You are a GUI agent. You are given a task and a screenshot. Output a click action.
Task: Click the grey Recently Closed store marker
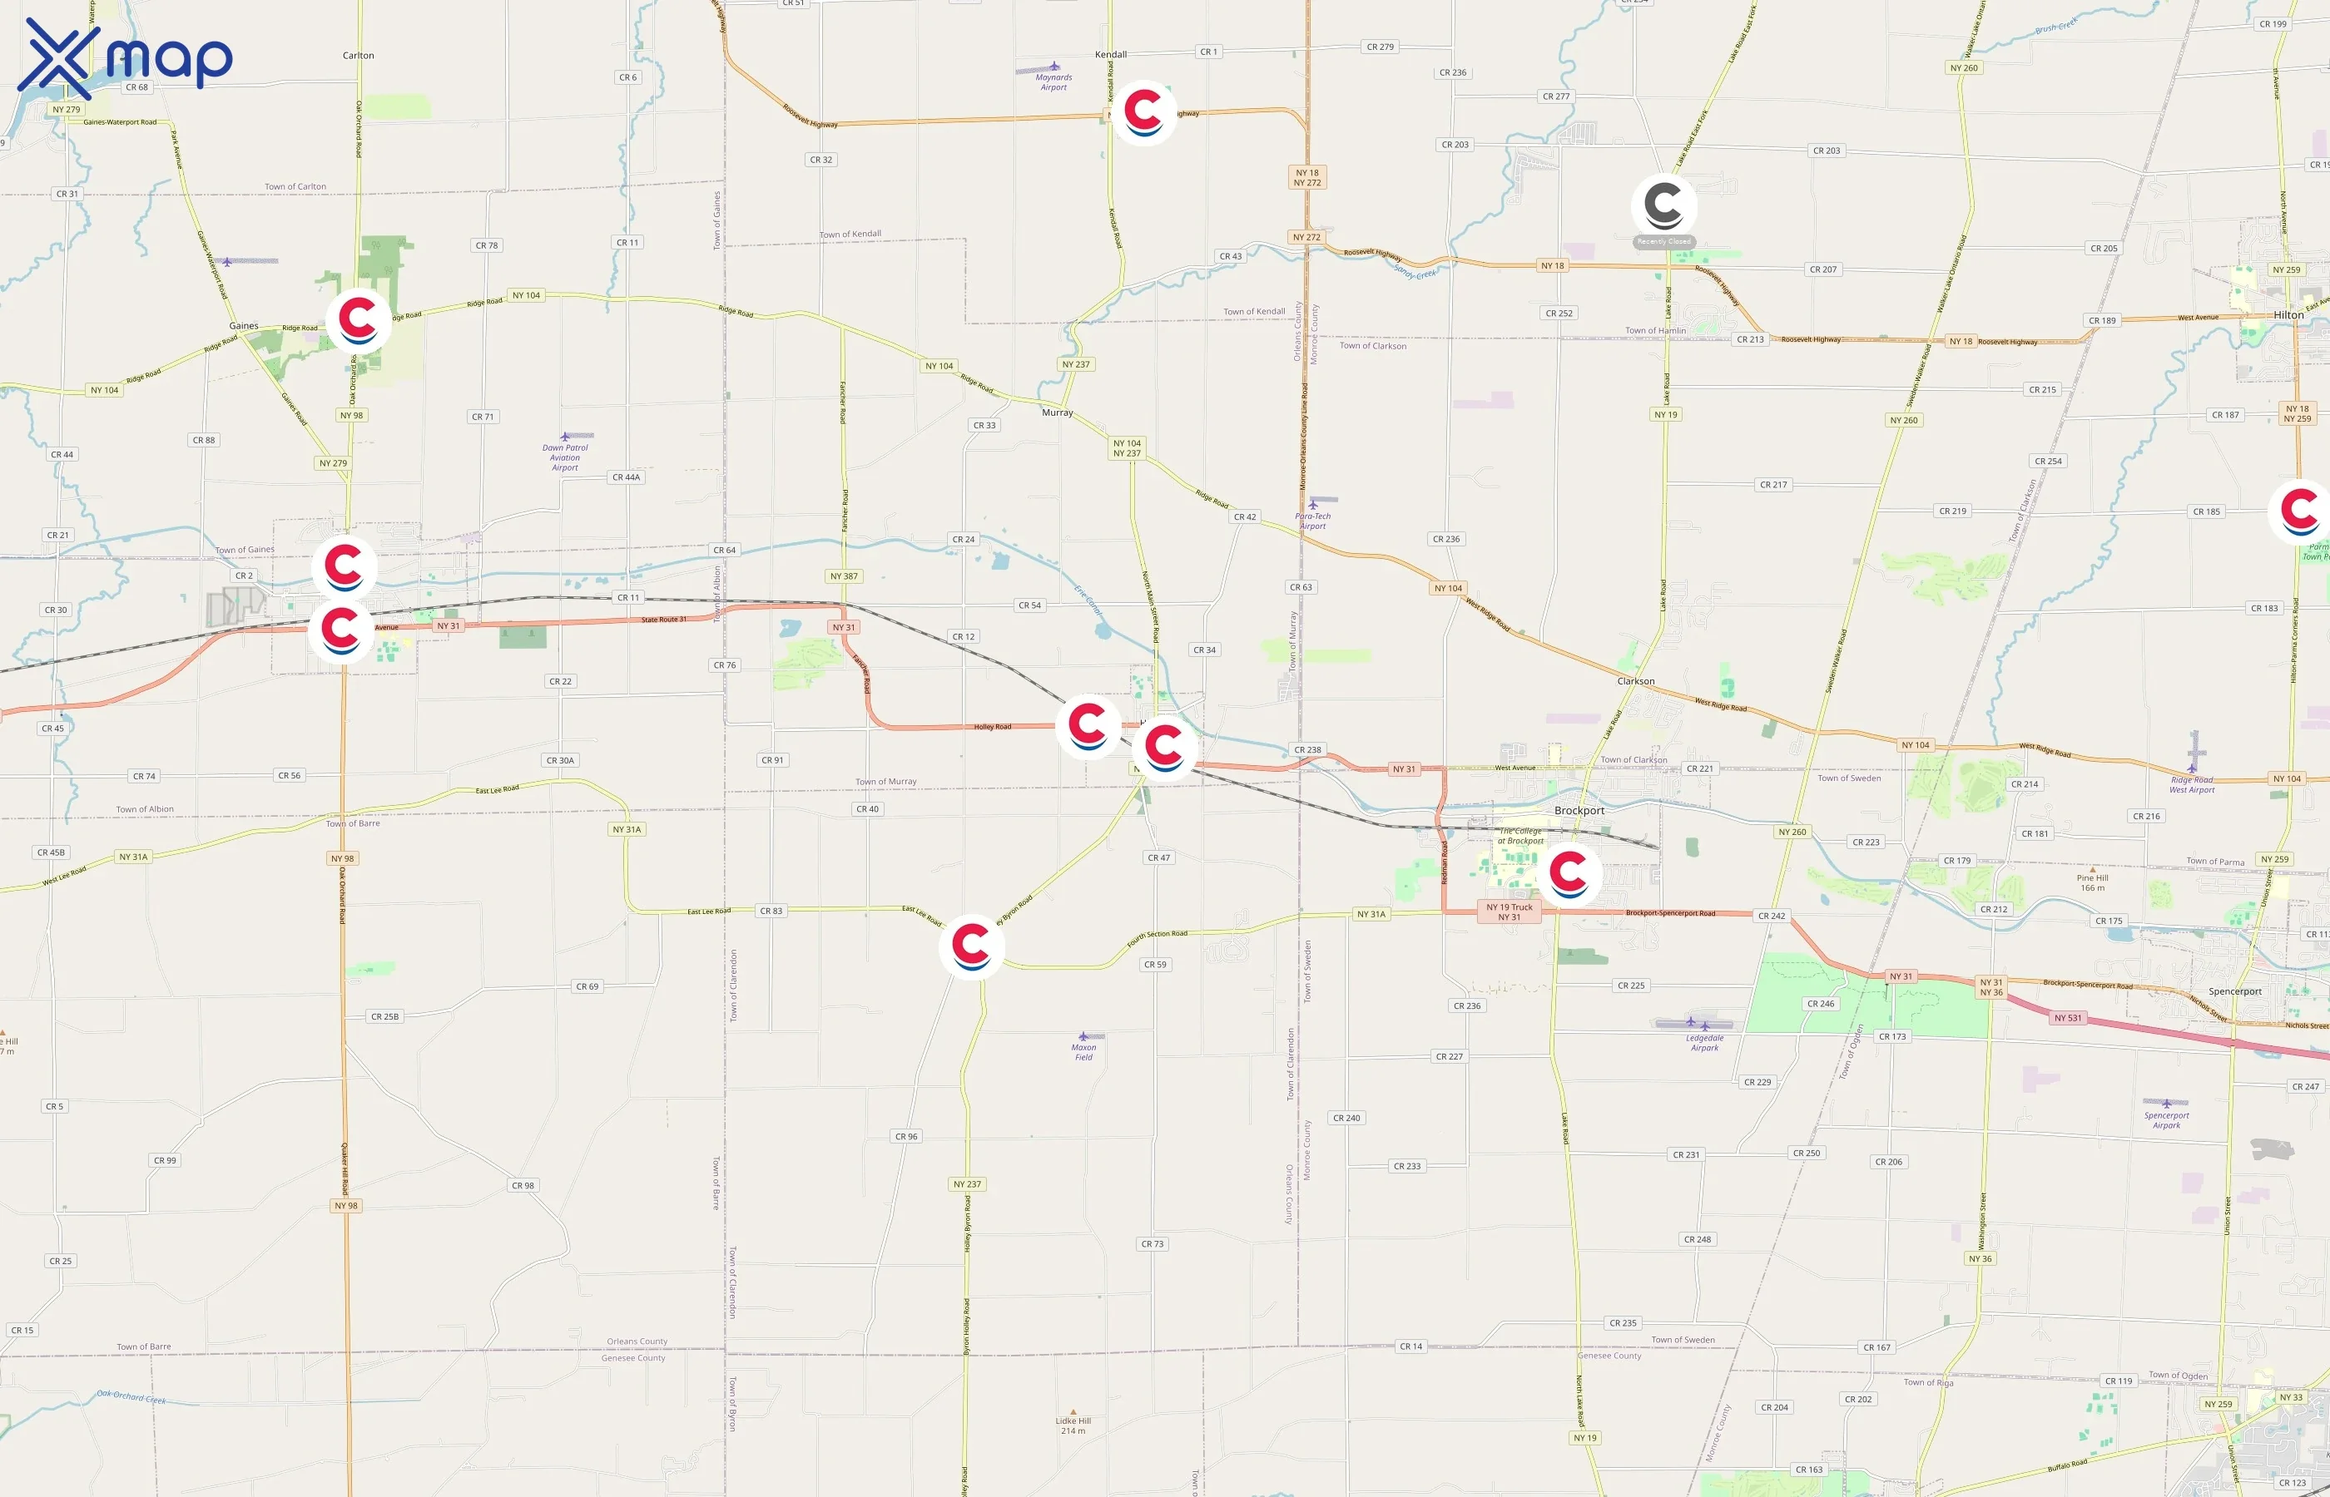click(x=1663, y=206)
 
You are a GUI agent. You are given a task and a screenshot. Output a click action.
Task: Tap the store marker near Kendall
click(x=1143, y=111)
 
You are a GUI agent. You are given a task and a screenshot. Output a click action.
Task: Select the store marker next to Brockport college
click(x=1569, y=874)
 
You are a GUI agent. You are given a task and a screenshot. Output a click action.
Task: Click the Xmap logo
click(x=125, y=58)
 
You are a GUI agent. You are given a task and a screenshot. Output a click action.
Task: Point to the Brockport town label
click(x=1579, y=811)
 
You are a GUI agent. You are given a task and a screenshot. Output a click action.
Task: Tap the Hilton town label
click(x=2288, y=315)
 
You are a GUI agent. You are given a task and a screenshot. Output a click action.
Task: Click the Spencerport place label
click(x=2234, y=991)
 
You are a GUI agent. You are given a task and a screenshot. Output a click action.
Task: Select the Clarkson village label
click(x=1636, y=681)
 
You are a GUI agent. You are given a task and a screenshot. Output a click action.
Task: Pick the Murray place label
click(x=1057, y=413)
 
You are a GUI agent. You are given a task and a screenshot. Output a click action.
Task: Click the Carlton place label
click(x=358, y=56)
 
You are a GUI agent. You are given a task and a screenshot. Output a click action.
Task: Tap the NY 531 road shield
click(x=2067, y=1018)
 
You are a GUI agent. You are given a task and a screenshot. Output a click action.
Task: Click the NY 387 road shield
click(x=843, y=576)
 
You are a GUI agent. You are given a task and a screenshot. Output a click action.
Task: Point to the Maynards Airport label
click(x=1053, y=82)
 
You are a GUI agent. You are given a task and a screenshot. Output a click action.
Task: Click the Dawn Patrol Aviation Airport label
click(x=565, y=457)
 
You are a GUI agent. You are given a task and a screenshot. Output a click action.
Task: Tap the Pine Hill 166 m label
click(x=2093, y=882)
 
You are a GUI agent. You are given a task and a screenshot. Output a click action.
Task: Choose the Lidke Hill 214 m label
click(x=1073, y=1425)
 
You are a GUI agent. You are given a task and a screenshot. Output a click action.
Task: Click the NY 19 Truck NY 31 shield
click(x=1510, y=912)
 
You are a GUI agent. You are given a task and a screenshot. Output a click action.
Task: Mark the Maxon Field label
click(x=1083, y=1052)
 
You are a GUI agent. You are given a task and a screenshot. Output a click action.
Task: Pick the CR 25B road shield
click(x=384, y=1017)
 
